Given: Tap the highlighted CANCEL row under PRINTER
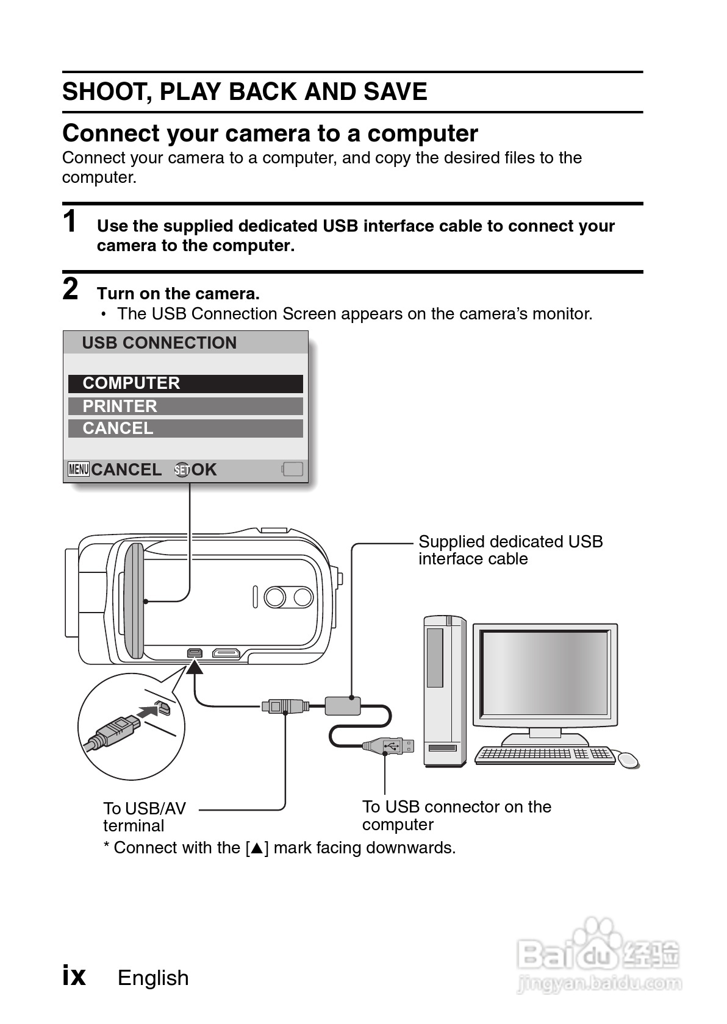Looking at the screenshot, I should pos(185,428).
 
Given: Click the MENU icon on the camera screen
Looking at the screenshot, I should pos(79,469).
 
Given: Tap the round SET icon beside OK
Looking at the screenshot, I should pos(182,470).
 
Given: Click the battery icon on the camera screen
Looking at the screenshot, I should pos(293,469).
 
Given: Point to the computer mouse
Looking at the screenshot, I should pos(628,759).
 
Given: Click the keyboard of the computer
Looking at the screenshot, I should pos(545,755).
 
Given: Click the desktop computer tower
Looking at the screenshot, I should pos(445,692).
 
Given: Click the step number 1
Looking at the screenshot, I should pos(71,221).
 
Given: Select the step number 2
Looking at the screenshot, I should pos(71,289).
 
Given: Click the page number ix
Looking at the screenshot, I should pos(74,975).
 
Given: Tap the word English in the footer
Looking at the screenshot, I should pos(153,978).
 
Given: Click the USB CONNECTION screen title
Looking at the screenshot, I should pos(159,343).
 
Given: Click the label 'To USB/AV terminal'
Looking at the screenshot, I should pos(145,817).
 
